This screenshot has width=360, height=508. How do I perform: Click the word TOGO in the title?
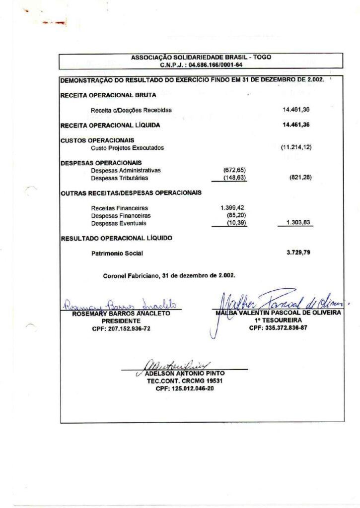262,57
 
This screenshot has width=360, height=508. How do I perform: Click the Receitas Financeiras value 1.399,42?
232,208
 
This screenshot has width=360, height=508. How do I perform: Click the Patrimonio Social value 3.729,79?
298,253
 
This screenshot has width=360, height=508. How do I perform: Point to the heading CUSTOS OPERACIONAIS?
97,140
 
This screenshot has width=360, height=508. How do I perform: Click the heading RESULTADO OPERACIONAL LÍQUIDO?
116,238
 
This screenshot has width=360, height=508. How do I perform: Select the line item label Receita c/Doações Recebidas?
131,110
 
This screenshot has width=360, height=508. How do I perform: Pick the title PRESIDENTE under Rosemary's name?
121,320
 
